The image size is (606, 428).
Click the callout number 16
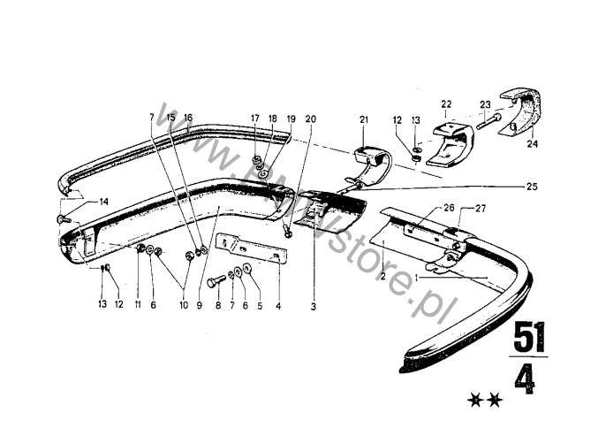(x=187, y=118)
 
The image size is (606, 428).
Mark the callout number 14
(x=103, y=202)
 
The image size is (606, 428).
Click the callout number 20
(x=309, y=118)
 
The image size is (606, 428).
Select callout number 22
(x=447, y=103)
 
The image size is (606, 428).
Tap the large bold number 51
(x=529, y=337)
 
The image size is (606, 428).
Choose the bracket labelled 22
(x=453, y=141)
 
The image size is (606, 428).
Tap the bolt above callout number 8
(x=216, y=282)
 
